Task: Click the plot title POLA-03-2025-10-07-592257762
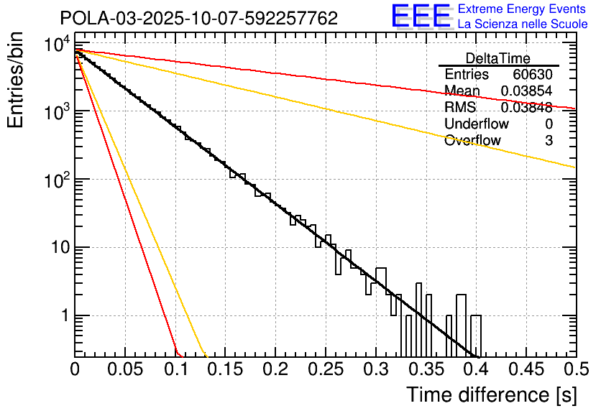pos(198,19)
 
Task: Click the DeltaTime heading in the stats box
pos(497,58)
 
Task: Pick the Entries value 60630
pos(533,75)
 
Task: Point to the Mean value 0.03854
pos(527,91)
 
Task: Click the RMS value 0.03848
pos(527,108)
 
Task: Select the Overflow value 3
pos(549,141)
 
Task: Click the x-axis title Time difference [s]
pos(490,394)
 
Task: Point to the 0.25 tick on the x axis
pos(325,369)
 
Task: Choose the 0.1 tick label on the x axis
pos(175,369)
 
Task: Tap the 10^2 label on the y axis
pos(55,180)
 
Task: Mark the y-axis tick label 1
pos(63,316)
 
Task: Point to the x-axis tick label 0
pos(75,369)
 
